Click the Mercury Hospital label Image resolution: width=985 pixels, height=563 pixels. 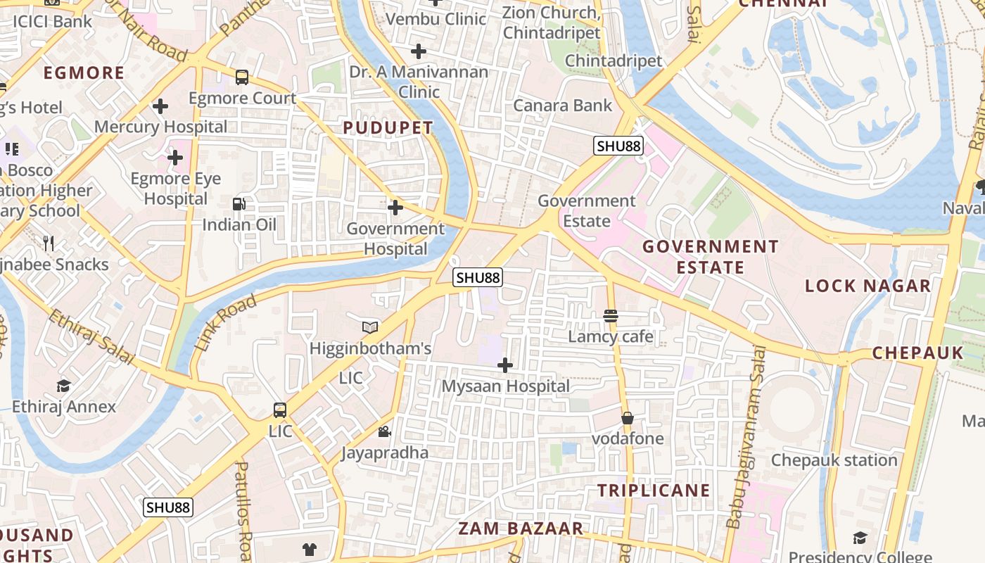tap(161, 127)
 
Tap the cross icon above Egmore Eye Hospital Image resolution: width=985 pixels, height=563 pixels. tap(175, 158)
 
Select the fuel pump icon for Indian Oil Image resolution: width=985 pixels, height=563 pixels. tap(239, 204)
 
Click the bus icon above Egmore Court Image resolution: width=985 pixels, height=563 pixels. tap(242, 77)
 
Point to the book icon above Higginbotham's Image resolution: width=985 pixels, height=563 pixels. tap(370, 327)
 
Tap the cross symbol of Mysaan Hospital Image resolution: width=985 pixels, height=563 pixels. tap(505, 365)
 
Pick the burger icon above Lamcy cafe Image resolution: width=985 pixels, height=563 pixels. tap(611, 316)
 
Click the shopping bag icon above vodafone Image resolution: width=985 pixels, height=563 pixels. tap(628, 418)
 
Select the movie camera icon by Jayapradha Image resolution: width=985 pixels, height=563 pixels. tap(385, 431)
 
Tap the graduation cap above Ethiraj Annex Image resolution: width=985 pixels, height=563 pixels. tap(64, 386)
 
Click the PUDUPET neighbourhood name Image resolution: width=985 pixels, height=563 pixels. tap(388, 127)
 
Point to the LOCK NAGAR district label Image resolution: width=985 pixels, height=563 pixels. tap(868, 286)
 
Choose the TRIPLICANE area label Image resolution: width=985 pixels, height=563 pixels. tap(654, 490)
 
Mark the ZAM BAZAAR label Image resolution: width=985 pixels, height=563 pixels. tap(521, 529)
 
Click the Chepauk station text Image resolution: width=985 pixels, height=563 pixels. tap(834, 460)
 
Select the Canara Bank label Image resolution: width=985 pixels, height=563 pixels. tap(563, 106)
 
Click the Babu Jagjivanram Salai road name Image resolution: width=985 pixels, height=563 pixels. tap(745, 436)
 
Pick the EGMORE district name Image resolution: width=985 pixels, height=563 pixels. tap(84, 72)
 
